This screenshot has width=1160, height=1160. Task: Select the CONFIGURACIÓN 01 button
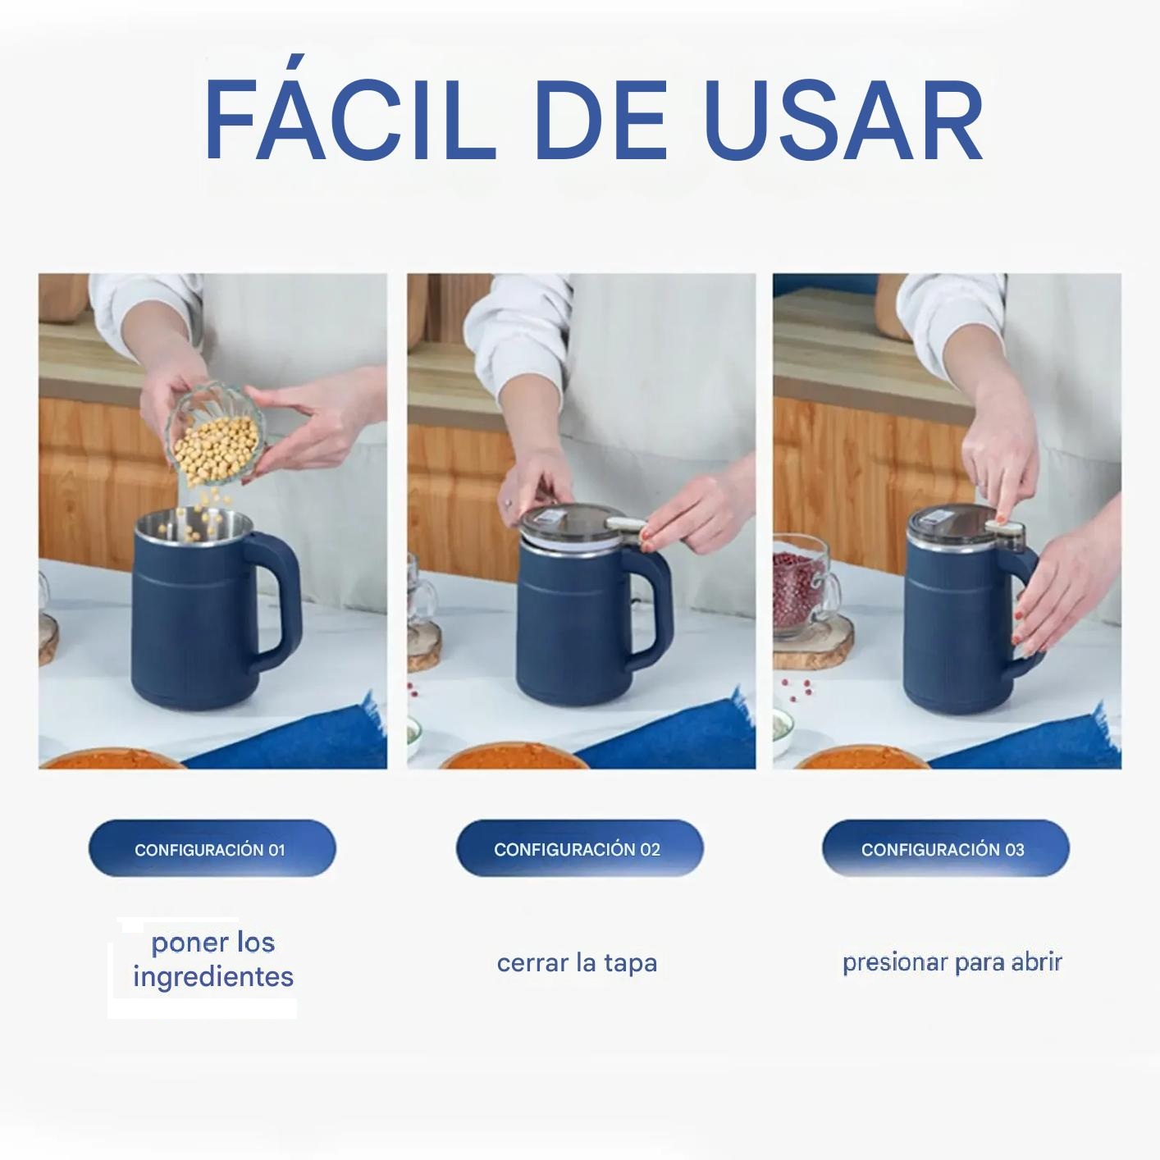point(212,849)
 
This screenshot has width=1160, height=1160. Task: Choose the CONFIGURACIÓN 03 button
point(945,849)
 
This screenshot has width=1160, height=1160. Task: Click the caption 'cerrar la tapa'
point(577,962)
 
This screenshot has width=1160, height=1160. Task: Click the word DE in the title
point(601,119)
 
